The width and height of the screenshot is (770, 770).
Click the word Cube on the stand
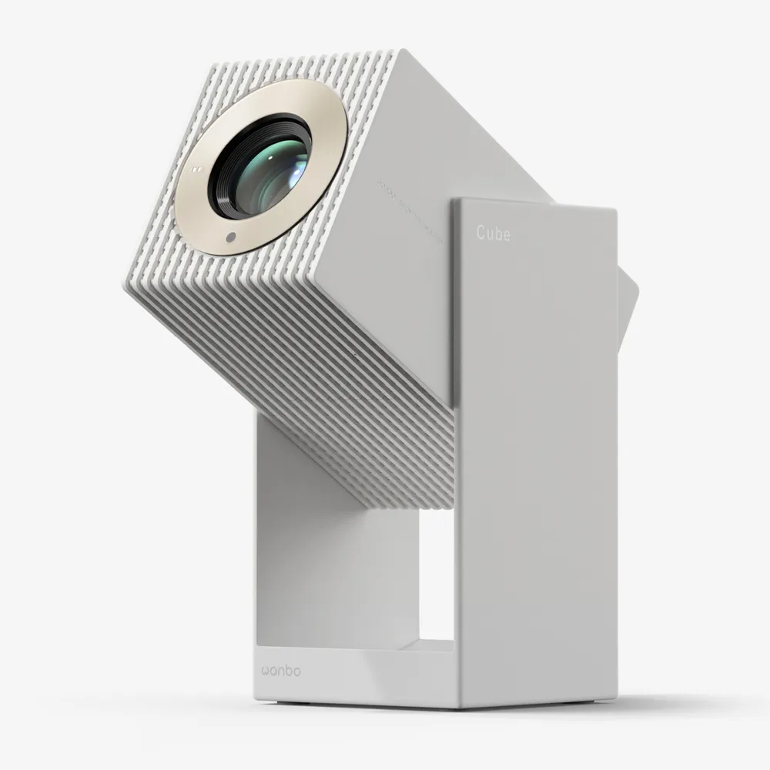pyautogui.click(x=493, y=233)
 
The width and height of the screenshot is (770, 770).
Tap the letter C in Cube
pyautogui.click(x=480, y=233)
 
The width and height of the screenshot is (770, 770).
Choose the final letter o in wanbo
pyautogui.click(x=296, y=671)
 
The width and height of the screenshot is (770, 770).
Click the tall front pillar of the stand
pyautogui.click(x=535, y=462)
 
